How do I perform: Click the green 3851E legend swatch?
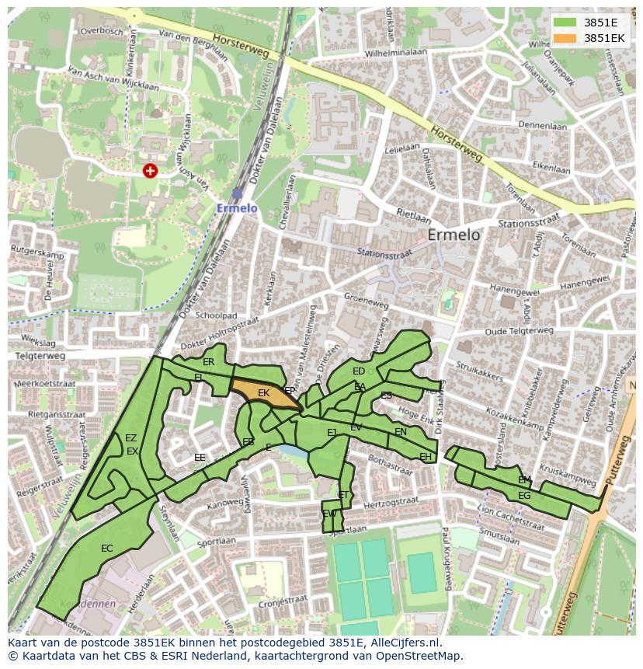[565, 22]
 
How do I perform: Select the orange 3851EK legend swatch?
[565, 37]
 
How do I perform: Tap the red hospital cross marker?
[150, 170]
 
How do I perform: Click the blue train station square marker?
[237, 193]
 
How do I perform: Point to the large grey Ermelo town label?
[454, 235]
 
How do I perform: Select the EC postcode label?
[107, 549]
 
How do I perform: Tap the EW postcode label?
[329, 514]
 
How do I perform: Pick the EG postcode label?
[524, 496]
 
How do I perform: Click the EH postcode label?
[426, 457]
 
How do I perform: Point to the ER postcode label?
[208, 362]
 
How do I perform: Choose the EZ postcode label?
[130, 438]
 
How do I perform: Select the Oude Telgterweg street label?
[520, 330]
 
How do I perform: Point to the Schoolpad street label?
[216, 316]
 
